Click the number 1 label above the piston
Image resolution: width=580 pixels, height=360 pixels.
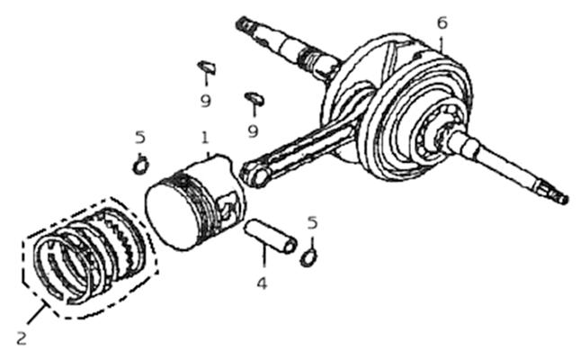point(205,138)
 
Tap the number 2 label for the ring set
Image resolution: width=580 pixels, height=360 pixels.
point(22,338)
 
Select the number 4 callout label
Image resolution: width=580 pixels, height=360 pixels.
point(262,284)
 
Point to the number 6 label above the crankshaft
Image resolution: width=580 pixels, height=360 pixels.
point(442,23)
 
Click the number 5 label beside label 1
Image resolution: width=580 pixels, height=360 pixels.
point(140,138)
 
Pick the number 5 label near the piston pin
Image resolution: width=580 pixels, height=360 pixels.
point(313,223)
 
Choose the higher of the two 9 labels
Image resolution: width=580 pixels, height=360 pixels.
point(206,101)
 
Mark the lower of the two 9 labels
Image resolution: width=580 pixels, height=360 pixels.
point(253,131)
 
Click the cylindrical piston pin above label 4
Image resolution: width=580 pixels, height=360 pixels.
point(270,237)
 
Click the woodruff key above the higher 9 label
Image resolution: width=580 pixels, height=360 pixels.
point(207,67)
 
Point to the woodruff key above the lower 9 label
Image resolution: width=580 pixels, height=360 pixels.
point(254,98)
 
